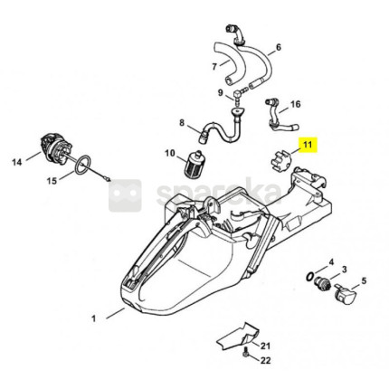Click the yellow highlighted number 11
pos(308,145)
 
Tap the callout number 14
pos(17,162)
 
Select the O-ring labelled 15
pos(82,165)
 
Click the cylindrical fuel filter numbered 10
pos(192,164)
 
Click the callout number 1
pos(93,318)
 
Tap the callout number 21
pos(265,346)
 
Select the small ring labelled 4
pos(309,277)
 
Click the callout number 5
pos(364,281)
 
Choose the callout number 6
pos(278,47)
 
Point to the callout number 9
pos(221,92)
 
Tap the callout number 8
pos(182,122)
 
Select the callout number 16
pos(296,104)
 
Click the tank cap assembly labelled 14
pos(56,150)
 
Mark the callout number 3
pos(344,270)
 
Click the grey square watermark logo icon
pos(125,195)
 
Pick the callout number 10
pos(170,153)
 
